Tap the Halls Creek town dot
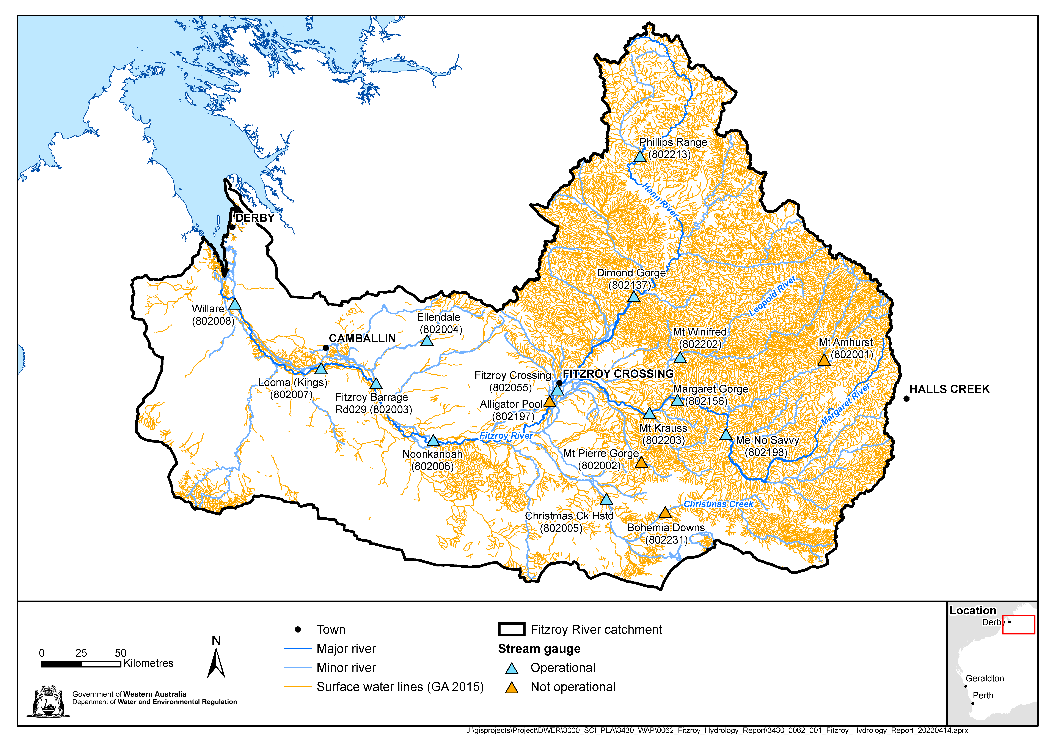[x=906, y=399]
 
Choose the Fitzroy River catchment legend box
[x=511, y=630]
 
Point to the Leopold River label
[x=773, y=296]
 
